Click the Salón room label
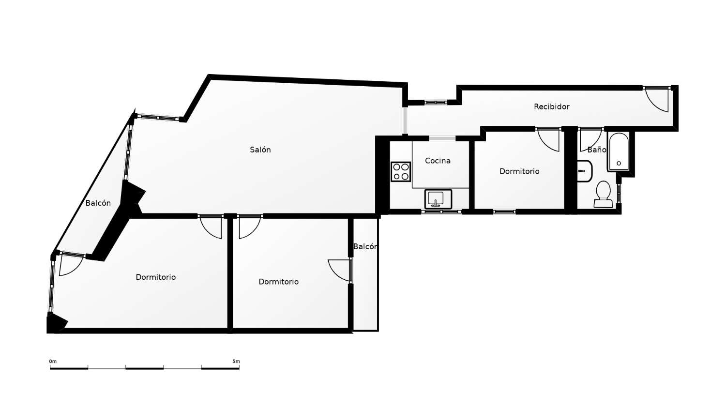(260, 150)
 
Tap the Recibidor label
(551, 106)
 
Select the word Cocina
(438, 161)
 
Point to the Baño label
(596, 150)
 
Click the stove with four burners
(401, 172)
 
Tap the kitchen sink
(438, 199)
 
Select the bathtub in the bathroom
(619, 151)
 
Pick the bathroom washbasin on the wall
(584, 171)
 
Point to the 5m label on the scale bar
(236, 362)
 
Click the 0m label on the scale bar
(53, 362)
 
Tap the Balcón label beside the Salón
(98, 203)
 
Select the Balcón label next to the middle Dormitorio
(365, 247)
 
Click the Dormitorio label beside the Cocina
(519, 171)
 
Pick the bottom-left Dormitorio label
(155, 277)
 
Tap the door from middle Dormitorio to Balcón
(339, 270)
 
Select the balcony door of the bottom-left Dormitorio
(70, 265)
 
